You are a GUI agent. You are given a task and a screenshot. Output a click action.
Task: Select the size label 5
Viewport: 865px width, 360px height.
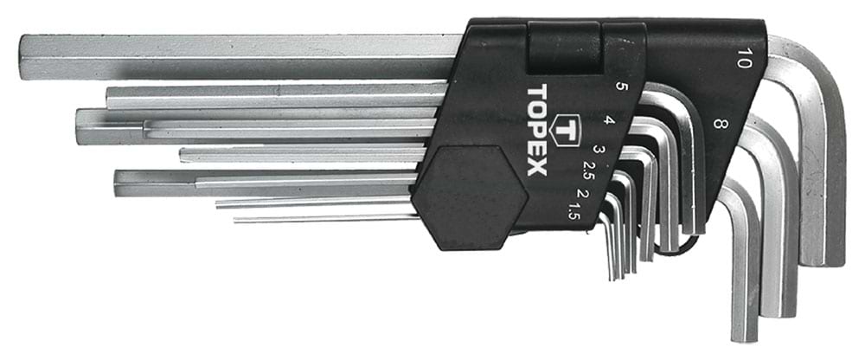(620, 87)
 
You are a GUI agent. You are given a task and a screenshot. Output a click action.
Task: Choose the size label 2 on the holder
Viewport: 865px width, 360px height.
(581, 191)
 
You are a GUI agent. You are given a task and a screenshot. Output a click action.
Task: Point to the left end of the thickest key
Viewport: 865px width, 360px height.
(24, 55)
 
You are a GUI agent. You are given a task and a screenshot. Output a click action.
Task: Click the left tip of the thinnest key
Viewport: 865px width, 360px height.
(236, 219)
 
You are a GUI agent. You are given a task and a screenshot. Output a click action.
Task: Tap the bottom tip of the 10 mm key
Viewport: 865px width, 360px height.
(823, 260)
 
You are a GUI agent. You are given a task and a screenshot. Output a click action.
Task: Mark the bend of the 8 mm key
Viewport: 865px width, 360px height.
(770, 138)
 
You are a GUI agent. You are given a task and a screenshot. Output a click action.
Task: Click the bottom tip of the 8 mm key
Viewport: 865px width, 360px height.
(778, 311)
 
